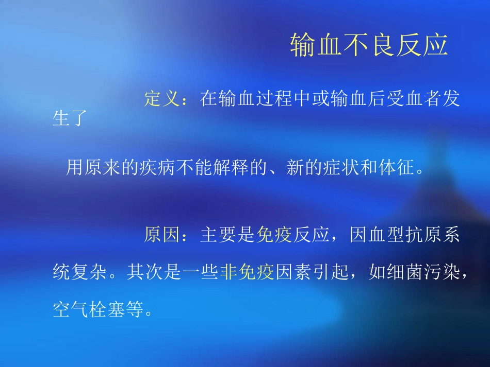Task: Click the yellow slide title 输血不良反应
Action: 368,45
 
